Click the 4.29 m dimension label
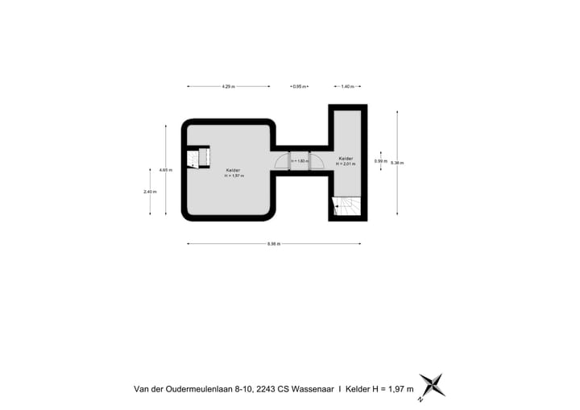click(x=228, y=86)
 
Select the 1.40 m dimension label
click(x=346, y=86)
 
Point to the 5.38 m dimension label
click(x=397, y=162)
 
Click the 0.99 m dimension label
click(x=379, y=161)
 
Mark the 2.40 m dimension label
click(x=150, y=192)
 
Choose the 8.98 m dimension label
click(x=273, y=243)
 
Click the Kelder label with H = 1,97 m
click(x=233, y=172)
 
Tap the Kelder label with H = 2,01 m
click(x=346, y=160)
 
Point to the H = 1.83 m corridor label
click(x=299, y=162)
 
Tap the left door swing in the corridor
click(x=282, y=162)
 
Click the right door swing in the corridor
click(x=316, y=162)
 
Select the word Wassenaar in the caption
click(x=311, y=388)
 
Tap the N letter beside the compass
click(x=420, y=398)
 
